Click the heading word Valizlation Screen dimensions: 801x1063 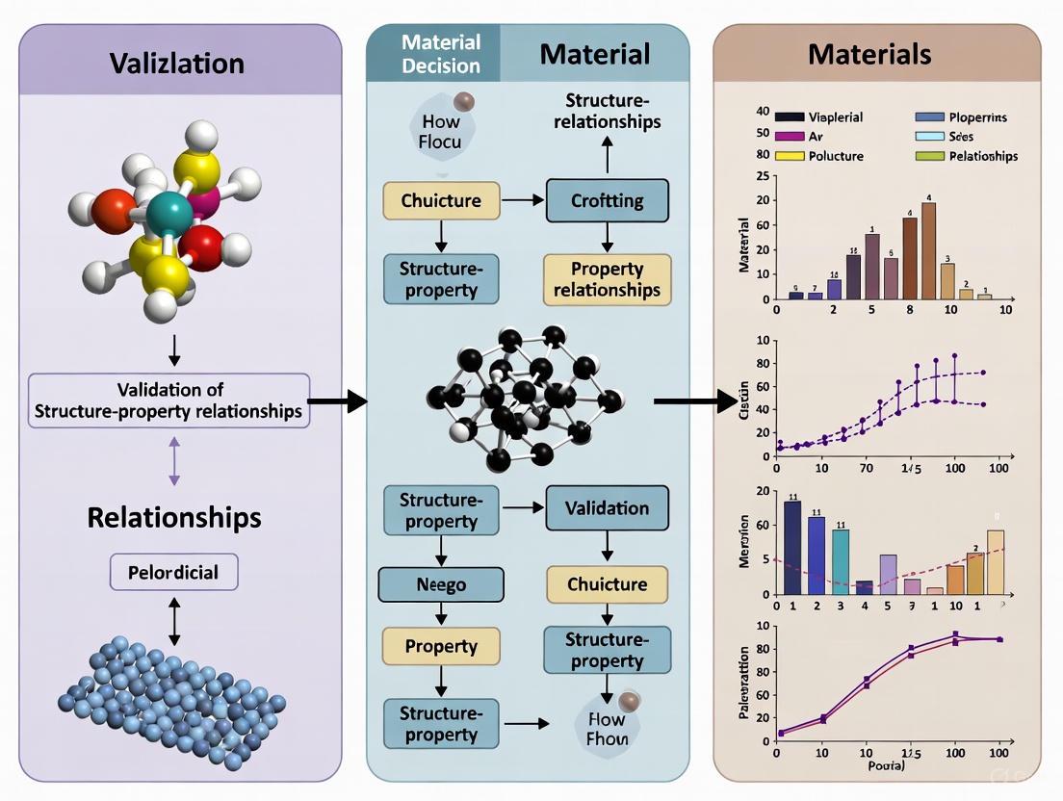pyautogui.click(x=176, y=63)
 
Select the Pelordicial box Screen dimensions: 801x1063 pyautogui.click(x=173, y=572)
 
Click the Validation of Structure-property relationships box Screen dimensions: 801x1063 pyautogui.click(x=169, y=400)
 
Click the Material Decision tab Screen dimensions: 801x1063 pyautogui.click(x=441, y=54)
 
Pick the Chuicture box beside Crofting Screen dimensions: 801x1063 pyautogui.click(x=441, y=200)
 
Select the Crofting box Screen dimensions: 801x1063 pyautogui.click(x=607, y=200)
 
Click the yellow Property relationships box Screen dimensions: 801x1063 pyautogui.click(x=607, y=278)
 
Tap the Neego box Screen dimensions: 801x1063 pyautogui.click(x=441, y=584)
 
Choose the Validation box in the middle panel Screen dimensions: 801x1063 pyautogui.click(x=607, y=508)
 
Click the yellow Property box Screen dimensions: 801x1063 pyautogui.click(x=441, y=647)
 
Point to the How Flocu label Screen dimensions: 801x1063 pyautogui.click(x=441, y=131)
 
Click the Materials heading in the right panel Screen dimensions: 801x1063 pyautogui.click(x=869, y=53)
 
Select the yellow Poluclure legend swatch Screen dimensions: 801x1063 pyautogui.click(x=790, y=156)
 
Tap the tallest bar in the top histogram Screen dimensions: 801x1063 pyautogui.click(x=928, y=249)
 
